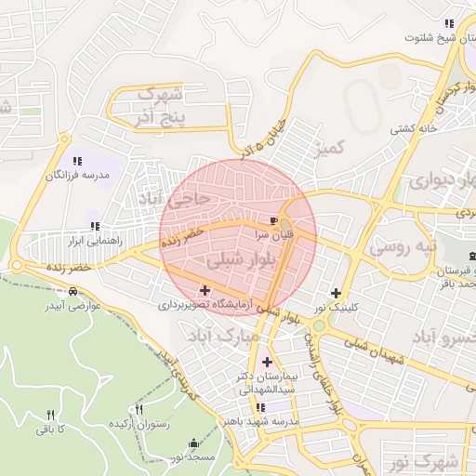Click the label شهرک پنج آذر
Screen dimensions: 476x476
click(157, 105)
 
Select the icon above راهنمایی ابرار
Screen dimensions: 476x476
click(94, 226)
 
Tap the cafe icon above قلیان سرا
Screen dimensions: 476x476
click(272, 221)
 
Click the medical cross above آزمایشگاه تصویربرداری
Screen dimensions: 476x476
click(205, 291)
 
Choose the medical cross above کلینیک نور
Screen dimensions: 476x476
click(336, 293)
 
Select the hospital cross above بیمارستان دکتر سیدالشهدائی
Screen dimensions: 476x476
click(268, 362)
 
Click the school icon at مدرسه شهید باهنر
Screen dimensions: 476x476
click(261, 407)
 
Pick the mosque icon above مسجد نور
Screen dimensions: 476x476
click(193, 443)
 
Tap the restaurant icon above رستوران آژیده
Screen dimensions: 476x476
click(139, 409)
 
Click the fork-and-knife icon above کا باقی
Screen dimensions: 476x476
click(51, 415)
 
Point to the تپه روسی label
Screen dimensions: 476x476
click(403, 247)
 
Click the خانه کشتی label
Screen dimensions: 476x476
click(414, 128)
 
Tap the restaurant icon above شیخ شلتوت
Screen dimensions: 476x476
click(449, 23)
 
